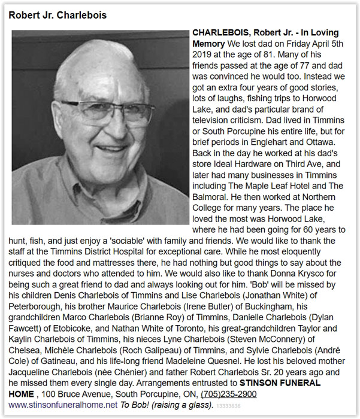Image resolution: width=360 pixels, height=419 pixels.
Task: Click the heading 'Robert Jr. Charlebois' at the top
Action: point(58,15)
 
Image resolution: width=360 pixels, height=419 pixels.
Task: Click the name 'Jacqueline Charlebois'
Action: point(52,372)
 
